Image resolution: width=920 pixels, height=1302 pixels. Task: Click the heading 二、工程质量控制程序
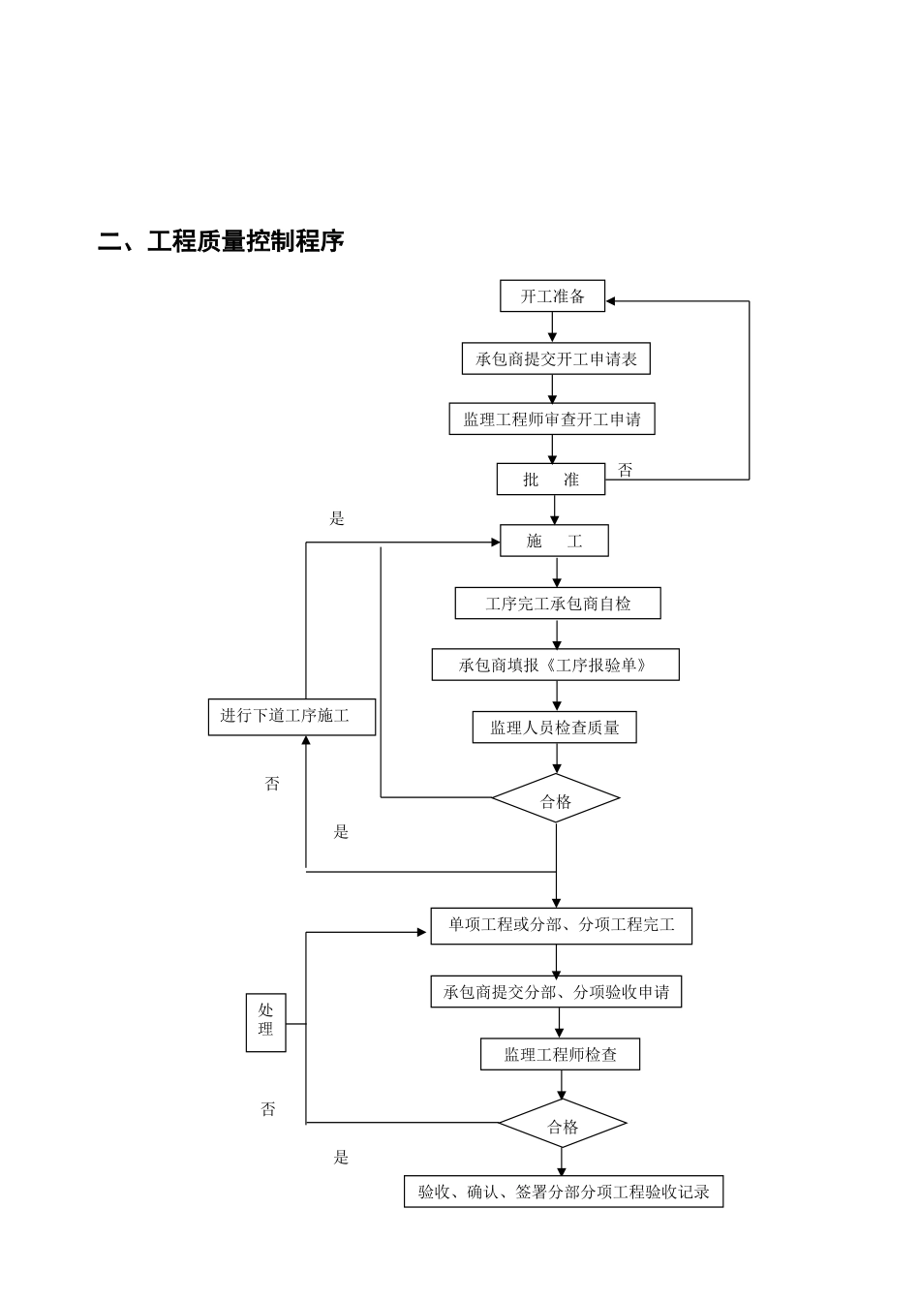pyautogui.click(x=221, y=241)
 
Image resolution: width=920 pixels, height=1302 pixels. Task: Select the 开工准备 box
pyautogui.click(x=552, y=296)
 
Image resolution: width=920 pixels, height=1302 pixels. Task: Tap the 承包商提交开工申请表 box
pyautogui.click(x=556, y=359)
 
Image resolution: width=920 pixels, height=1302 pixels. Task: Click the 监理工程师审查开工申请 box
pyautogui.click(x=551, y=419)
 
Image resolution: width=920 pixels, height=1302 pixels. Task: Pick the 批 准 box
pyautogui.click(x=551, y=480)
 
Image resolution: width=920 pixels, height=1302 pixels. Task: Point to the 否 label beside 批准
pyautogui.click(x=626, y=470)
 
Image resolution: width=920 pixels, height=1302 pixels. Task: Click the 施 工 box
pyautogui.click(x=554, y=542)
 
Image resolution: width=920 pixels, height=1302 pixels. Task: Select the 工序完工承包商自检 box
pyautogui.click(x=558, y=604)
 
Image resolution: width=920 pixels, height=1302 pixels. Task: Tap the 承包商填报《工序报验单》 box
pyautogui.click(x=555, y=665)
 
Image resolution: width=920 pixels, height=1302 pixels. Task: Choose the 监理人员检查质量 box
pyautogui.click(x=554, y=728)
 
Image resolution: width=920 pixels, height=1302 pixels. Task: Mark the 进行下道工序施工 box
pyautogui.click(x=291, y=717)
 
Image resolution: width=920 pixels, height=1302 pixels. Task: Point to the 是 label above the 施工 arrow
pyautogui.click(x=337, y=518)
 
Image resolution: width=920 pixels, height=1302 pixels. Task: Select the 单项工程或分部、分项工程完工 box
pyautogui.click(x=561, y=925)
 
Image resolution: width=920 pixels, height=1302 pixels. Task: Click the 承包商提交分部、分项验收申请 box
pyautogui.click(x=556, y=992)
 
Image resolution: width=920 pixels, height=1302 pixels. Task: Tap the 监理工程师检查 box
pyautogui.click(x=560, y=1055)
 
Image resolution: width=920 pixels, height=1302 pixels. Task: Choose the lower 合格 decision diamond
pyautogui.click(x=563, y=1125)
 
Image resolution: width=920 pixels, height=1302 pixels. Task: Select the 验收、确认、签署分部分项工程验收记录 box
pyautogui.click(x=564, y=1192)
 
